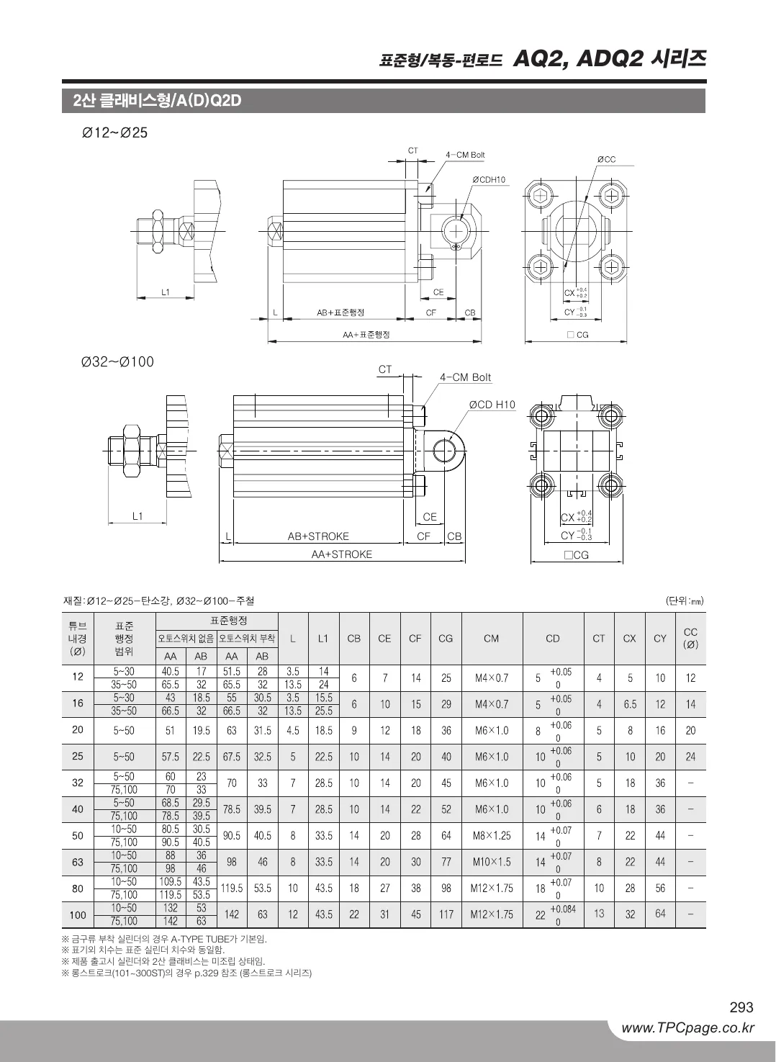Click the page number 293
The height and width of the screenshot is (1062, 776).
tap(741, 1007)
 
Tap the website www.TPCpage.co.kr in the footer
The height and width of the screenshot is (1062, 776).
tap(688, 1028)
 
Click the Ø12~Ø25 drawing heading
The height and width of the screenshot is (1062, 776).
tap(114, 132)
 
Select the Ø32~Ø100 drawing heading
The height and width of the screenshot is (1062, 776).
tap(117, 361)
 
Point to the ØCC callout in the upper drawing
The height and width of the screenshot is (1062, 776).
tap(606, 159)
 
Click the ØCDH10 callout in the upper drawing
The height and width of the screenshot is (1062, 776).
tap(489, 180)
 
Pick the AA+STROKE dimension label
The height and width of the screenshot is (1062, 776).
tap(342, 554)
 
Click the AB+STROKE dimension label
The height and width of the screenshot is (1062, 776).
tap(318, 536)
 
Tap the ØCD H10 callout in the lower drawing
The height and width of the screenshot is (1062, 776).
tap(492, 405)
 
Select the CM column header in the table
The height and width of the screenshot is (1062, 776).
tap(492, 639)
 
